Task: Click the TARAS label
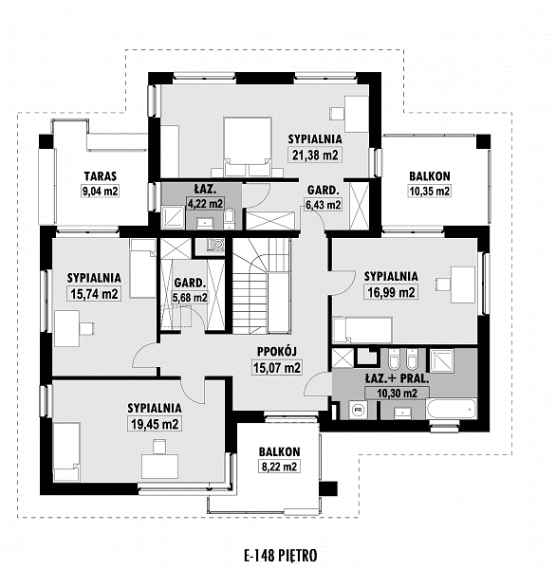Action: pyautogui.click(x=101, y=176)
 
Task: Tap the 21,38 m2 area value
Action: pyautogui.click(x=315, y=156)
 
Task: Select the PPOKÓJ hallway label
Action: pyautogui.click(x=277, y=351)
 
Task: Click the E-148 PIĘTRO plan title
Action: pyautogui.click(x=280, y=555)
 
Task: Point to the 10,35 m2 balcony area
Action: pyautogui.click(x=430, y=191)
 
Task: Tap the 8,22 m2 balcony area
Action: pyautogui.click(x=279, y=467)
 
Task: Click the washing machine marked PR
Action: pyautogui.click(x=358, y=410)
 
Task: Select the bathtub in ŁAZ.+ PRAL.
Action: pyautogui.click(x=451, y=409)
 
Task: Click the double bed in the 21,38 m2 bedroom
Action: pyautogui.click(x=248, y=147)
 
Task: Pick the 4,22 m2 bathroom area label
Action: pyautogui.click(x=205, y=204)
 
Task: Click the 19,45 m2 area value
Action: pyautogui.click(x=155, y=424)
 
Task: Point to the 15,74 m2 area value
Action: pyautogui.click(x=94, y=294)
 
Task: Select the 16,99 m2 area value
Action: pyautogui.click(x=391, y=292)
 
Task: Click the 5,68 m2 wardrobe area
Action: pyautogui.click(x=190, y=298)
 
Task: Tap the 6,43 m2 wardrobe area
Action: pyautogui.click(x=323, y=205)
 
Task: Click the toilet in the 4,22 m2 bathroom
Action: pyautogui.click(x=230, y=219)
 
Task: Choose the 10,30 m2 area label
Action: pyautogui.click(x=397, y=394)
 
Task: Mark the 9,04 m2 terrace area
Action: pyautogui.click(x=101, y=191)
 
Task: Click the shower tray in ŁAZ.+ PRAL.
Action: pyautogui.click(x=442, y=361)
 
